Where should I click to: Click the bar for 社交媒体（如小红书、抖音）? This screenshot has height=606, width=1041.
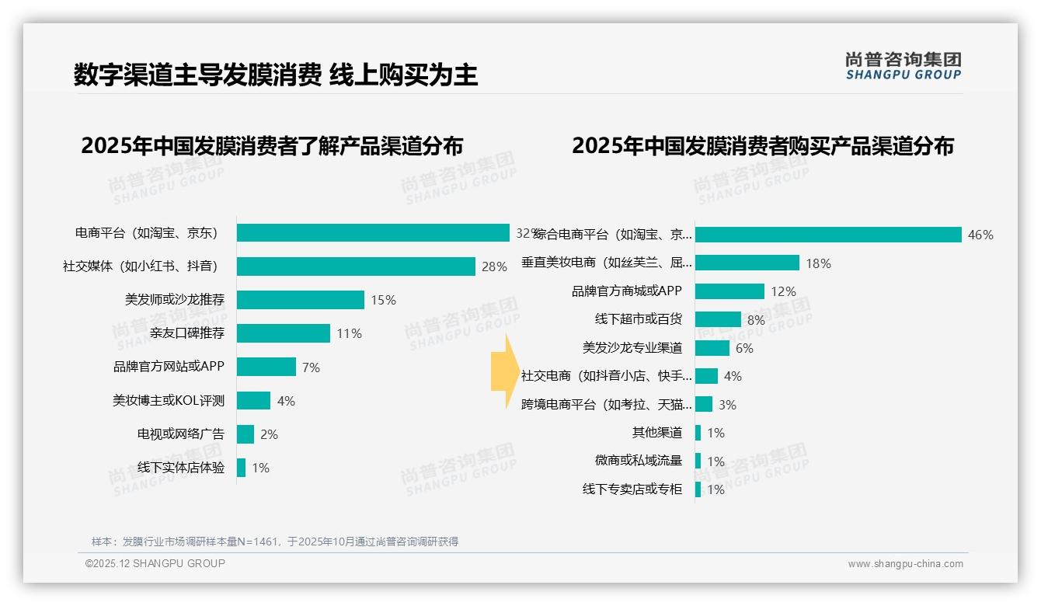(356, 266)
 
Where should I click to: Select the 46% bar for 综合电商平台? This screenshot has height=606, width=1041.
(828, 235)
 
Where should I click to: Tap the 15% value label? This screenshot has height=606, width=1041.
(383, 300)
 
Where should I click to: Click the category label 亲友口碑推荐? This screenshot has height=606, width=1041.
(187, 333)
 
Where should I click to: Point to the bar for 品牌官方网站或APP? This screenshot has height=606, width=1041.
(266, 367)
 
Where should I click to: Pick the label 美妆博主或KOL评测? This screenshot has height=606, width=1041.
(169, 401)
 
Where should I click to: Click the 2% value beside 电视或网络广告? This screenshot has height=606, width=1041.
(269, 434)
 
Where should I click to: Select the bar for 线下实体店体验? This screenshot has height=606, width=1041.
(242, 468)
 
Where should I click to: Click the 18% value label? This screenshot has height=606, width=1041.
(818, 263)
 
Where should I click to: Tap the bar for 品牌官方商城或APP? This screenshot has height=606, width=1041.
(729, 291)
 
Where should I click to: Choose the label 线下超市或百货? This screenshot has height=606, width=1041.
(638, 319)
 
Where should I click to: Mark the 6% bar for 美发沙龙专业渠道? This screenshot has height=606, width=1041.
(712, 348)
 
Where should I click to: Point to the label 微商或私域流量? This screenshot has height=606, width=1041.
(638, 461)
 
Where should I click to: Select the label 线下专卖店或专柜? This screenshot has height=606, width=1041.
(632, 489)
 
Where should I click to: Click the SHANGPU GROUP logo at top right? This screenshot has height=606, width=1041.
(903, 66)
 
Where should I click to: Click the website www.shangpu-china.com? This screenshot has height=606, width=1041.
(905, 564)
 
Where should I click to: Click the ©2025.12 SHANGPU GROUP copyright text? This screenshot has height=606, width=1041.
(155, 563)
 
